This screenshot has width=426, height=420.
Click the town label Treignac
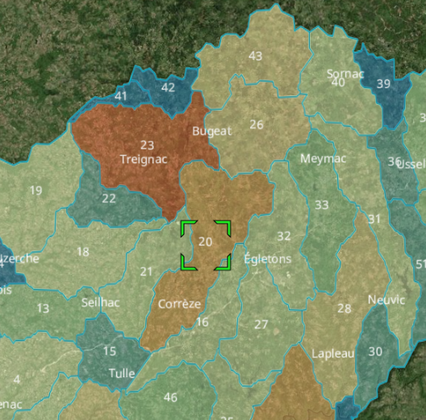tap(143, 159)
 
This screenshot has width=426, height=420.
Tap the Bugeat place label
tap(211, 131)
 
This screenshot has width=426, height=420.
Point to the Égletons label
tap(267, 259)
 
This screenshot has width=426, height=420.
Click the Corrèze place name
tap(179, 304)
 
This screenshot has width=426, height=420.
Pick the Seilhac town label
tap(100, 302)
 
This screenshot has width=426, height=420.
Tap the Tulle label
tap(122, 374)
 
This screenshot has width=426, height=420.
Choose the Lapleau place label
tap(332, 354)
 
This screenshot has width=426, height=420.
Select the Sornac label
tap(345, 74)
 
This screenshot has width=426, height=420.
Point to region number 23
tap(147, 145)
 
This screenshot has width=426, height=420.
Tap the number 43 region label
tap(256, 57)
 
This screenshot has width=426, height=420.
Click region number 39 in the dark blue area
tap(383, 84)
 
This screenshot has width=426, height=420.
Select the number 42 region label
tap(168, 87)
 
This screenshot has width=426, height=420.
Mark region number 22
tap(109, 199)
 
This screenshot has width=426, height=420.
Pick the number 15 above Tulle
tap(109, 351)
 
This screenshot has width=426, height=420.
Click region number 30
tap(375, 351)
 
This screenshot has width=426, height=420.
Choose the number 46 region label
tap(170, 397)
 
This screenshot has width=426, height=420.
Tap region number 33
tap(322, 205)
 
